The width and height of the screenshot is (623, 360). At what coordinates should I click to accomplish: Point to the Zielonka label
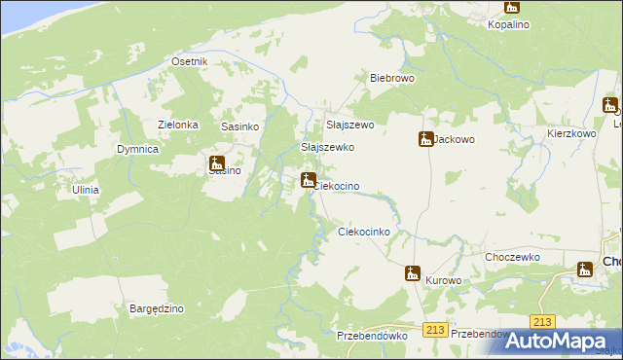pyautogui.click(x=178, y=125)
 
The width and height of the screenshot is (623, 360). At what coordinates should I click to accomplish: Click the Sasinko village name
pyautogui.click(x=239, y=126)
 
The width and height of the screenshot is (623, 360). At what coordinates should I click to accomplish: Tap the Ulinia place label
pyautogui.click(x=85, y=190)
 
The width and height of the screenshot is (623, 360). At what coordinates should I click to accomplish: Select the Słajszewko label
pyautogui.click(x=327, y=147)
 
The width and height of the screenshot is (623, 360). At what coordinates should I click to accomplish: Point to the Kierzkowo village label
pyautogui.click(x=571, y=132)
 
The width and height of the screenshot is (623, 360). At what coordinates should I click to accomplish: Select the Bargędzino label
pyautogui.click(x=157, y=308)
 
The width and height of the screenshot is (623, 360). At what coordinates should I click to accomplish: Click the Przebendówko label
pyautogui.click(x=371, y=334)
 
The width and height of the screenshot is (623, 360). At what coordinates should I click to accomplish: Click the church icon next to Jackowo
pyautogui.click(x=425, y=140)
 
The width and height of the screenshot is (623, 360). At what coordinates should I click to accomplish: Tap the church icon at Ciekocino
pyautogui.click(x=308, y=180)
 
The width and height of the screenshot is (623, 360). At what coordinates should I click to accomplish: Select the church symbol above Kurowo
pyautogui.click(x=413, y=274)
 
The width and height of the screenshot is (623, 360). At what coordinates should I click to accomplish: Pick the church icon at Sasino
pyautogui.click(x=217, y=163)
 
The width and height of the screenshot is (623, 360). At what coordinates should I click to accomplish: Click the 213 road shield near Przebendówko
pyautogui.click(x=435, y=331)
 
